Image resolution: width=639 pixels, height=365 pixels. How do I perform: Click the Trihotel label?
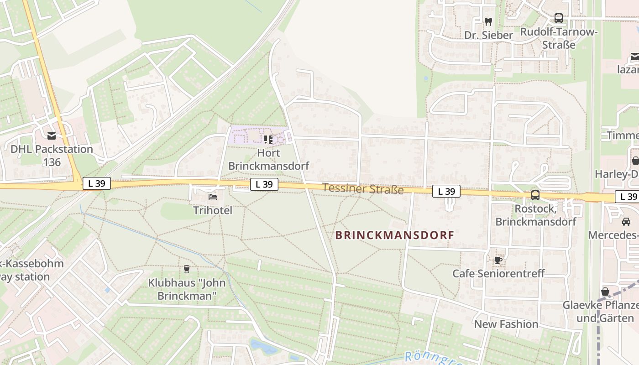(x=212, y=210)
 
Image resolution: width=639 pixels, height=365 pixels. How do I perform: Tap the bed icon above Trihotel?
(x=213, y=197)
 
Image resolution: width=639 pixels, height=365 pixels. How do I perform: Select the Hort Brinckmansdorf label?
(x=268, y=159)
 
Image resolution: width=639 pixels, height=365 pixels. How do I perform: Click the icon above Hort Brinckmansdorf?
(x=268, y=139)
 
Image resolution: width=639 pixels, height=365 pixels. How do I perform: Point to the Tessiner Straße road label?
(x=363, y=188)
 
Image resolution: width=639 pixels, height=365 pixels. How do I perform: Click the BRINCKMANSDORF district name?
(x=395, y=235)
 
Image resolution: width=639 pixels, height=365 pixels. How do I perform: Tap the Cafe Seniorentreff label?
(x=498, y=273)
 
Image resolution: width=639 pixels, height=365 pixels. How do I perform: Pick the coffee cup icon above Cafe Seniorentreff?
(x=498, y=260)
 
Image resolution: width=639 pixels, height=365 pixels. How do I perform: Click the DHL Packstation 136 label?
(x=52, y=156)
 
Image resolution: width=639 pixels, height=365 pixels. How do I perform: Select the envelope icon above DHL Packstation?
(x=52, y=136)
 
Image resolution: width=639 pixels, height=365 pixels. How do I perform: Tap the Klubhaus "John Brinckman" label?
(x=187, y=289)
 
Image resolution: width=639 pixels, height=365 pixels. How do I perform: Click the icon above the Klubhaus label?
(x=186, y=269)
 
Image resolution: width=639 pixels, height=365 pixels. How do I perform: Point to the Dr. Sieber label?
(x=488, y=35)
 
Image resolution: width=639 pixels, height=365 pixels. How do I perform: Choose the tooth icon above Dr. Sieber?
(x=488, y=21)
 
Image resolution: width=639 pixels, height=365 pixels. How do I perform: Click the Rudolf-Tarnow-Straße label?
(x=559, y=38)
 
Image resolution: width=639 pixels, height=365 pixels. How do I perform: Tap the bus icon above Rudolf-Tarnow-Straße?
(x=559, y=18)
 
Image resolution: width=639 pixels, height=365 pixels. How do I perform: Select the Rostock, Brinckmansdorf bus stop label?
(x=536, y=215)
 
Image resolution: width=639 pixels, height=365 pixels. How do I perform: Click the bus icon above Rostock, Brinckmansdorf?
(x=535, y=195)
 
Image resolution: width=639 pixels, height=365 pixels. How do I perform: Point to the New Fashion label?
(x=506, y=324)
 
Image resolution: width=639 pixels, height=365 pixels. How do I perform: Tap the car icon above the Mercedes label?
(x=626, y=222)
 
